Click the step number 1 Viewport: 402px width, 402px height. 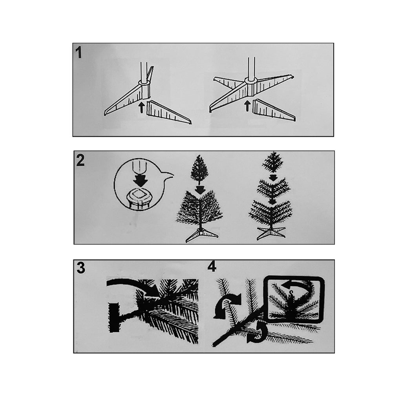(x=79, y=53)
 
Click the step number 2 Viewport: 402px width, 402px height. (x=80, y=160)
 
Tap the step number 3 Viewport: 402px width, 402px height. (x=81, y=268)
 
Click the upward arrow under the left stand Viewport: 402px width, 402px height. (x=141, y=107)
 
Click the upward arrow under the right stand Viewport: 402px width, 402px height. (x=247, y=106)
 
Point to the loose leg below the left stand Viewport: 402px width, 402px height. (x=168, y=112)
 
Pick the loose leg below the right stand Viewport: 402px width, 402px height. (x=274, y=110)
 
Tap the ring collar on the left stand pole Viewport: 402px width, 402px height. (x=144, y=82)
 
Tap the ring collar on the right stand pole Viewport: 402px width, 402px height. (x=251, y=80)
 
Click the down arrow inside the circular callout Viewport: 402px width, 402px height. (x=140, y=179)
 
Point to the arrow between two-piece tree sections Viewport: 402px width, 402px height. (x=199, y=190)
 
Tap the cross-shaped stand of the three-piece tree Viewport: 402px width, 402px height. (x=271, y=233)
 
